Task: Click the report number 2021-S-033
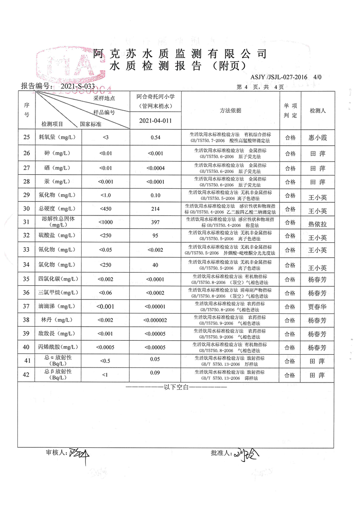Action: coord(77,85)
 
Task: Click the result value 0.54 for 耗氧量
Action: coord(156,137)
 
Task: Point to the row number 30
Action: coord(26,210)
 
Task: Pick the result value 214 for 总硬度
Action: coord(156,210)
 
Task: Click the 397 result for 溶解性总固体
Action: coord(156,222)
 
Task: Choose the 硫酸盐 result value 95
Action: coord(155,235)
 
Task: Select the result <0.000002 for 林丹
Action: coord(156,320)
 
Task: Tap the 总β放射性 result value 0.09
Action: coord(156,375)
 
